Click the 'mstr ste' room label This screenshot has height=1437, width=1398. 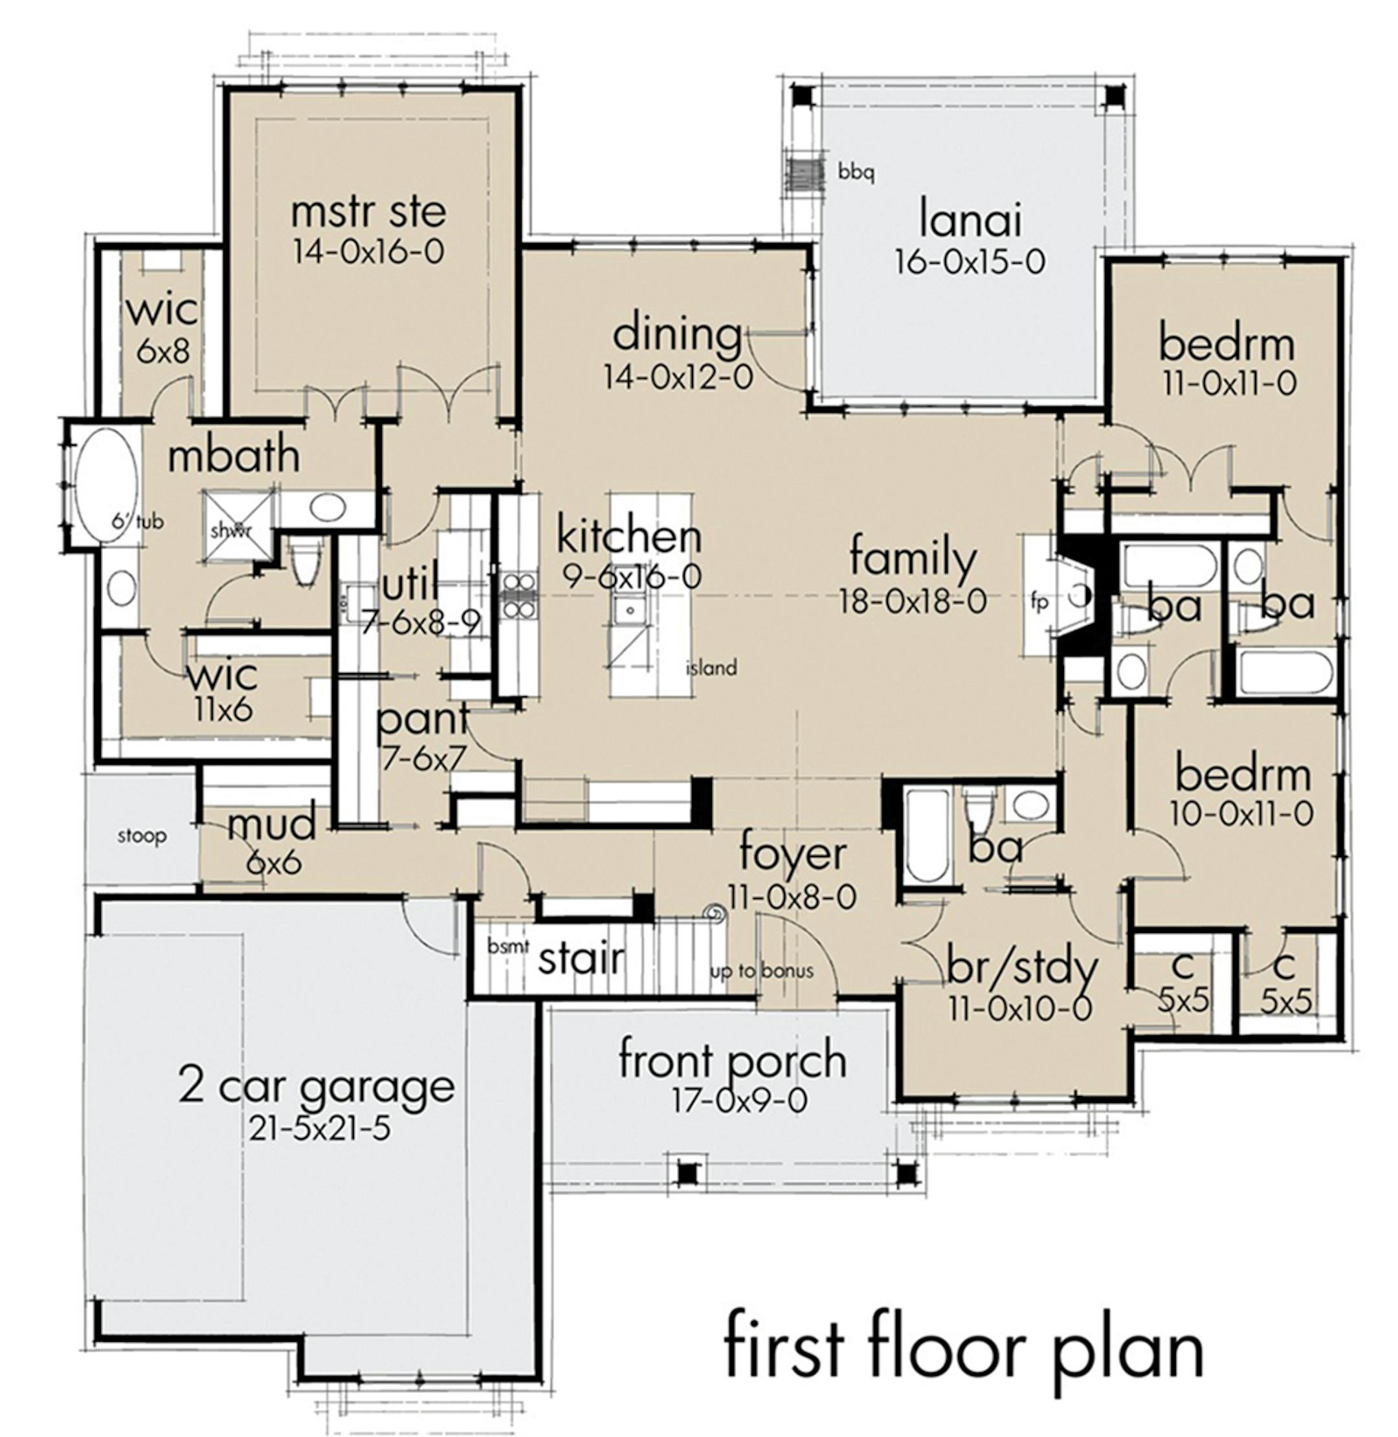click(368, 212)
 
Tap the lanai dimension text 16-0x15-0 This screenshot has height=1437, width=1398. click(969, 262)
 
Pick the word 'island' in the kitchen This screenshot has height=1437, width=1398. click(711, 668)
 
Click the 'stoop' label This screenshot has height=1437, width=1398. click(142, 836)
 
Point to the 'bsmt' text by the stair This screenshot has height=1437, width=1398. click(508, 946)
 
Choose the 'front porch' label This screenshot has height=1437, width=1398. click(733, 1060)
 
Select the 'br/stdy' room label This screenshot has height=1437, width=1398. click(1022, 969)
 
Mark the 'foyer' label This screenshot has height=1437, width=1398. click(792, 854)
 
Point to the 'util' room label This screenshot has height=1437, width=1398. click(410, 582)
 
